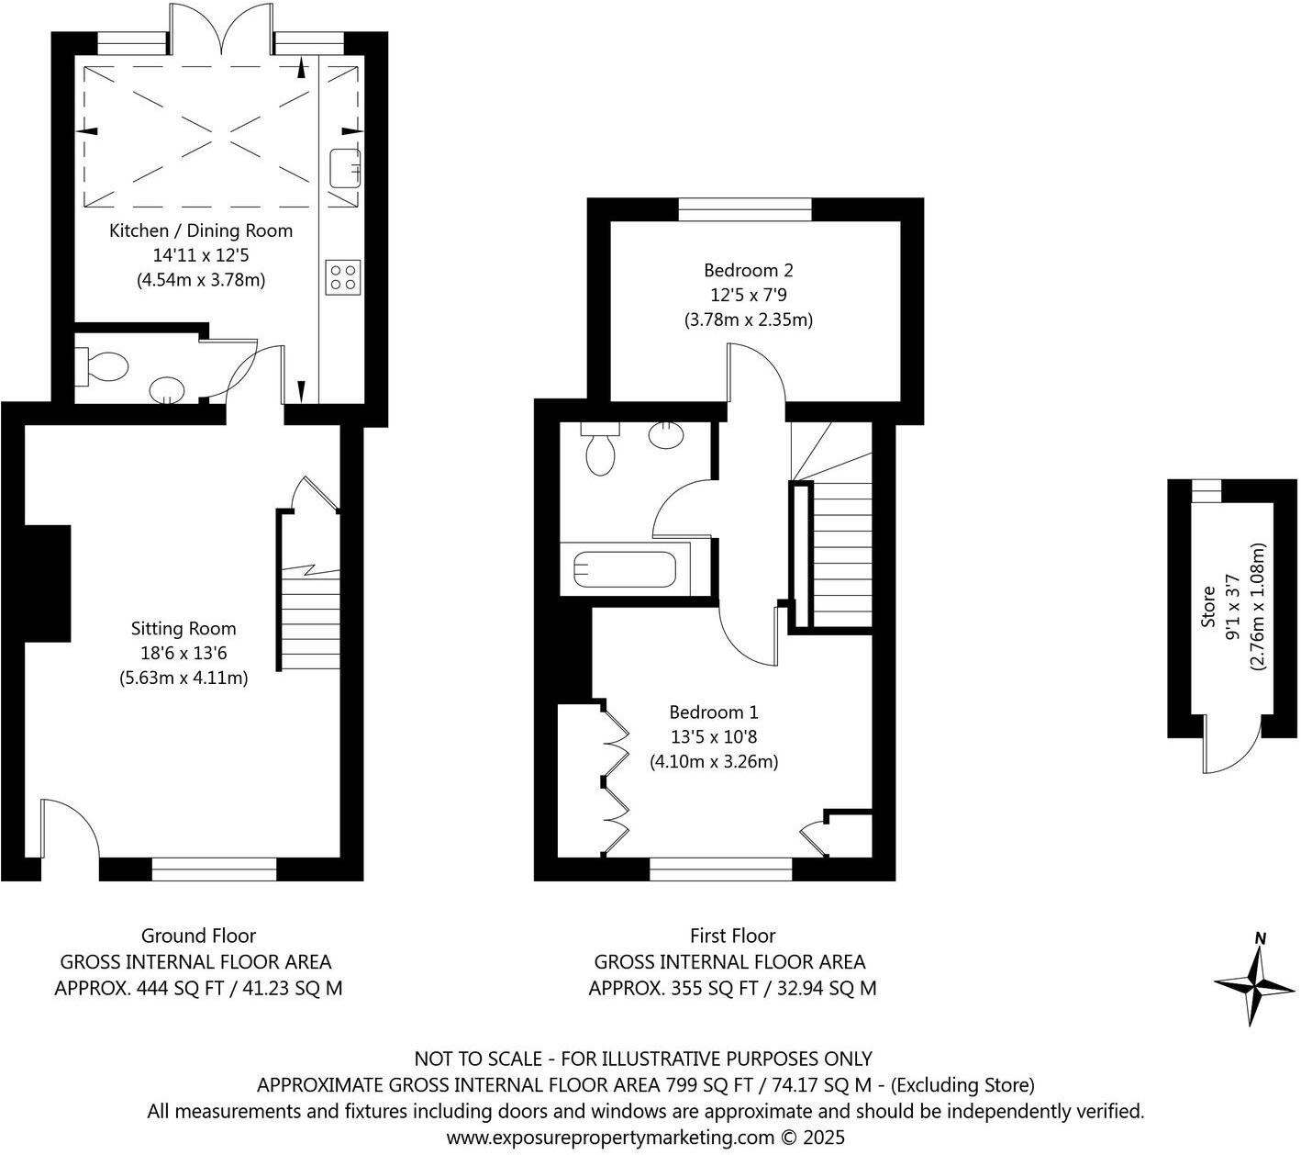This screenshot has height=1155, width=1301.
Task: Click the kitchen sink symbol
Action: pyautogui.click(x=344, y=167)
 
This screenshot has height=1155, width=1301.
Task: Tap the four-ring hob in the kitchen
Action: pyautogui.click(x=343, y=277)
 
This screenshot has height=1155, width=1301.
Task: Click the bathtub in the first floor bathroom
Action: pyautogui.click(x=624, y=569)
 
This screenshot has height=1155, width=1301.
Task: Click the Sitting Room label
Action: pyautogui.click(x=183, y=629)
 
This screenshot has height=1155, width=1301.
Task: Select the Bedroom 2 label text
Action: pyautogui.click(x=748, y=270)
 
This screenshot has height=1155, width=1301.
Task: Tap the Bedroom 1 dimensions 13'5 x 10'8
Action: pyautogui.click(x=714, y=736)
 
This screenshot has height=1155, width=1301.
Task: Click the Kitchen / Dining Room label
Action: pyautogui.click(x=201, y=230)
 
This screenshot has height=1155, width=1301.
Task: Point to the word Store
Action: pyautogui.click(x=1208, y=608)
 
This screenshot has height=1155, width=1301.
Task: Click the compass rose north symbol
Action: pyautogui.click(x=1253, y=982)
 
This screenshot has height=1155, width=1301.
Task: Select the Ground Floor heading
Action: pyautogui.click(x=198, y=936)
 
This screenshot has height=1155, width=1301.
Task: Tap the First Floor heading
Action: pyautogui.click(x=732, y=936)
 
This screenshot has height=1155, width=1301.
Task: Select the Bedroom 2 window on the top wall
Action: pyautogui.click(x=745, y=210)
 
